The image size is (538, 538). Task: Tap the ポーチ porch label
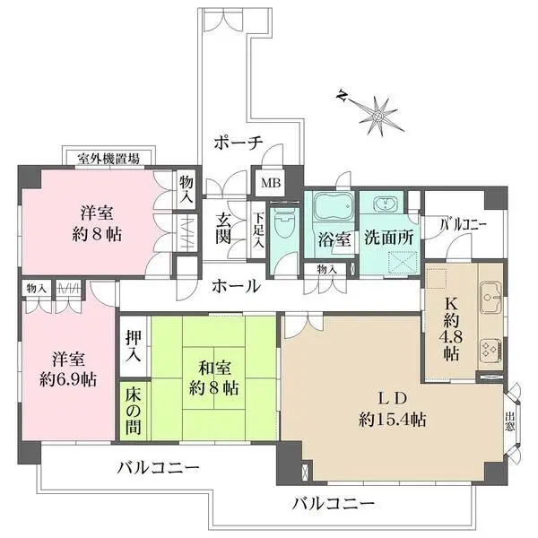coord(238,142)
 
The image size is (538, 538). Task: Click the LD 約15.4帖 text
coord(392,408)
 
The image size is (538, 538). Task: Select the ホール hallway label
coord(236,286)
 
